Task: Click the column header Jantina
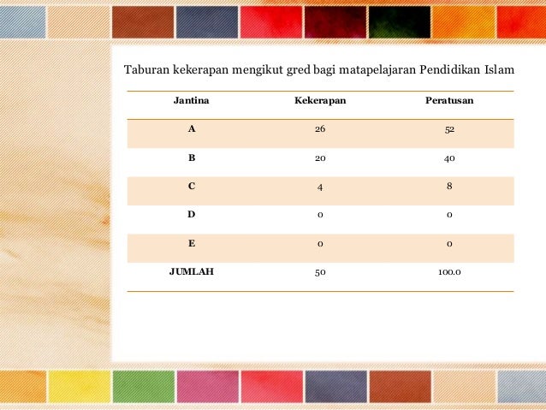click(192, 101)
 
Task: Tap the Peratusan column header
click(449, 101)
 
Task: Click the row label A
click(192, 130)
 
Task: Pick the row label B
click(192, 158)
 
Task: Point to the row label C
click(192, 186)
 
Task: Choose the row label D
click(192, 215)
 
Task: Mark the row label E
click(192, 244)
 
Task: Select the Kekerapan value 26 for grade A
click(320, 130)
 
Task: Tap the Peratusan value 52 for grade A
click(449, 130)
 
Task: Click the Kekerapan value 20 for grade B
click(320, 158)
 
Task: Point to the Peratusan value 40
click(449, 158)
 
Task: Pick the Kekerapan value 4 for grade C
click(320, 187)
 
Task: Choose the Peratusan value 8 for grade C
click(449, 186)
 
